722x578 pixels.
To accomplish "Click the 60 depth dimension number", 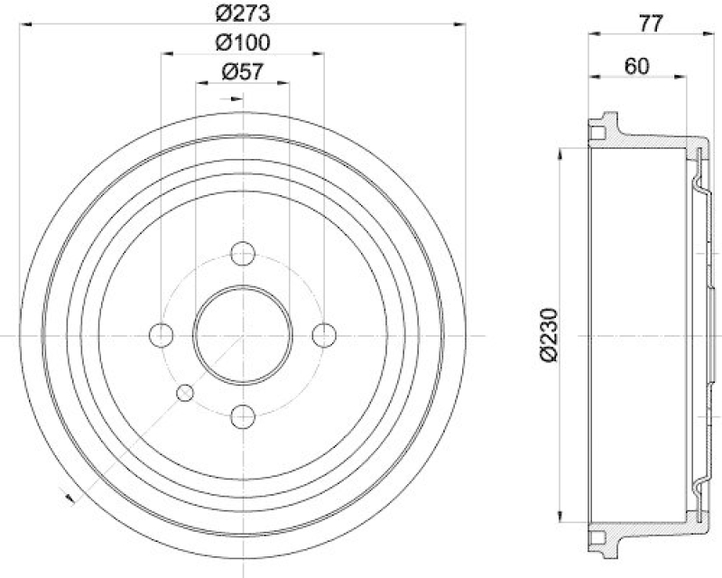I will (637, 65).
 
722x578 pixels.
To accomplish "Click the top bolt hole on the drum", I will (242, 254).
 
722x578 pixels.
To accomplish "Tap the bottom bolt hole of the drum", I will (242, 416).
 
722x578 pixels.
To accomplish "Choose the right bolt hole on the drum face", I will (323, 335).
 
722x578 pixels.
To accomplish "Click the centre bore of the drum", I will (242, 335).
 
